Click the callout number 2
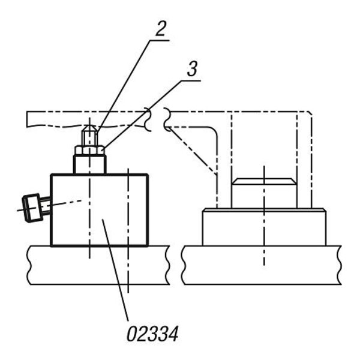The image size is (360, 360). tap(160, 29)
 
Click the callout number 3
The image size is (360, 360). tap(192, 69)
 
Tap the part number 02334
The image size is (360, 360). tap(152, 334)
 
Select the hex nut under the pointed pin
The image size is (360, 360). tap(90, 150)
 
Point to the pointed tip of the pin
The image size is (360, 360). tap(89, 125)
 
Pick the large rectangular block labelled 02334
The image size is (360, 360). tap(99, 210)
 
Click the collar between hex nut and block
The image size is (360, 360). tap(90, 164)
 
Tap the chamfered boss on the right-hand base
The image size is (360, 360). tap(264, 193)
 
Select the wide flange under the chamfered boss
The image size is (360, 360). tap(264, 227)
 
